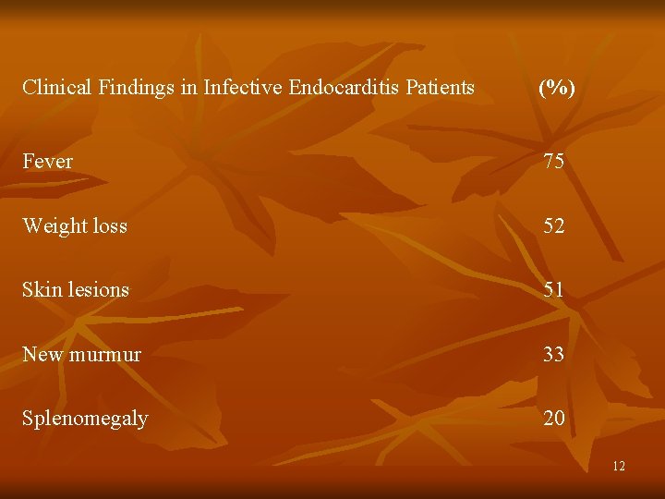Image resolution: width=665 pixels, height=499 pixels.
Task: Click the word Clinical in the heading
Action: point(54,88)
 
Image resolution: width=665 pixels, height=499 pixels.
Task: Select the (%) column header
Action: point(556,88)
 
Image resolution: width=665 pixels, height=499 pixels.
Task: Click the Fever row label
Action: point(47,162)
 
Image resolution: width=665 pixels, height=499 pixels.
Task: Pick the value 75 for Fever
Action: point(554,163)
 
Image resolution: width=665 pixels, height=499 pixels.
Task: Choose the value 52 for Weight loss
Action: point(554,226)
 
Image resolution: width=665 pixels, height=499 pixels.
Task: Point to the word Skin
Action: point(41,289)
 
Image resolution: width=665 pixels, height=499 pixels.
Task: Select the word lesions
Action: point(97,289)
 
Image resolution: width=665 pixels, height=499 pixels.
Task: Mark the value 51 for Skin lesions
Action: point(554,290)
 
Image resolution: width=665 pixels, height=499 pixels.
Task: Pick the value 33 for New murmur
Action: point(554,354)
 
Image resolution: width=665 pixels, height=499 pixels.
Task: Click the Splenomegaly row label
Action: point(85,419)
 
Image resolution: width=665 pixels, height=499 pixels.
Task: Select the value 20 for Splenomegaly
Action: point(554,419)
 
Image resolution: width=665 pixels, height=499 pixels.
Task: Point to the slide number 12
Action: point(619,467)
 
